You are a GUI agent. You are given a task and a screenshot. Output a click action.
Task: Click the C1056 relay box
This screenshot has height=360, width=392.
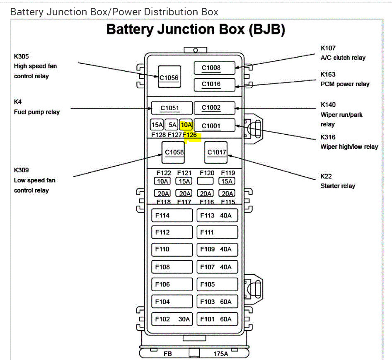coord(169,77)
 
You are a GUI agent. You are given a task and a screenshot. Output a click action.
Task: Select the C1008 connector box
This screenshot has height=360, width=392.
coord(215,68)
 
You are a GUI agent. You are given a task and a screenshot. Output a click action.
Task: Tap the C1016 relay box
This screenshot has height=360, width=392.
coord(215,85)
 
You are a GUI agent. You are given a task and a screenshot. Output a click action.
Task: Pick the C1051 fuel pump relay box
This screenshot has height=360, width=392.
coord(172,108)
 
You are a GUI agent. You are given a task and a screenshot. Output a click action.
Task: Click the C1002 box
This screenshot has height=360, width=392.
coord(215,108)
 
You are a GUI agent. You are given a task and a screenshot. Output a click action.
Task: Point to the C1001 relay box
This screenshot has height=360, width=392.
coord(215,125)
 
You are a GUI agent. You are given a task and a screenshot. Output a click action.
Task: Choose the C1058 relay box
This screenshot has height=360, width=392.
coord(173,152)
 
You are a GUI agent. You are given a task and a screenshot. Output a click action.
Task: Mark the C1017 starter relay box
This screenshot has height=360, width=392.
coord(216,152)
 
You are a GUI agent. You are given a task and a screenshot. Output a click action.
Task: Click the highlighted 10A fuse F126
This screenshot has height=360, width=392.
coord(186,125)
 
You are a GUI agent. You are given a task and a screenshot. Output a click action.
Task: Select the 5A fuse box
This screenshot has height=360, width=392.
coord(172,125)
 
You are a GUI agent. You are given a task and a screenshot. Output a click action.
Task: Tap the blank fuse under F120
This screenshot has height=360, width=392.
coord(205,181)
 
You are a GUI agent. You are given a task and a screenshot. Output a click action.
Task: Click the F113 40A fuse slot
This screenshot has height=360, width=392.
coord(217,215)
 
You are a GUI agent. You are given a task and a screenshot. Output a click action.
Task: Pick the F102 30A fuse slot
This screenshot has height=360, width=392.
coord(172,319)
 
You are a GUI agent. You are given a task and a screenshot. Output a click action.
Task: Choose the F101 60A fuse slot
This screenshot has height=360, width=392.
coord(217,319)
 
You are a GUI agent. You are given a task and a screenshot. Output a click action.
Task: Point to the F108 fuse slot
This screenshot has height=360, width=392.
coord(172,267)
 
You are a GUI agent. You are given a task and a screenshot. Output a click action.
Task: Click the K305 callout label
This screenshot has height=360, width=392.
coord(22,56)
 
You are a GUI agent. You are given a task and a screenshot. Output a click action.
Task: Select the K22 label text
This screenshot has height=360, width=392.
coord(326,176)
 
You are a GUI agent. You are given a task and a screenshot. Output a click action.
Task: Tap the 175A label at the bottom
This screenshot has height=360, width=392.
coord(221,354)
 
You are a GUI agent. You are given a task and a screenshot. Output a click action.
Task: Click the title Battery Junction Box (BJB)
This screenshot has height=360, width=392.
coord(196,29)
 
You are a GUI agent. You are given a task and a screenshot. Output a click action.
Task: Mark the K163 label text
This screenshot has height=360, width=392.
coord(328,75)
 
